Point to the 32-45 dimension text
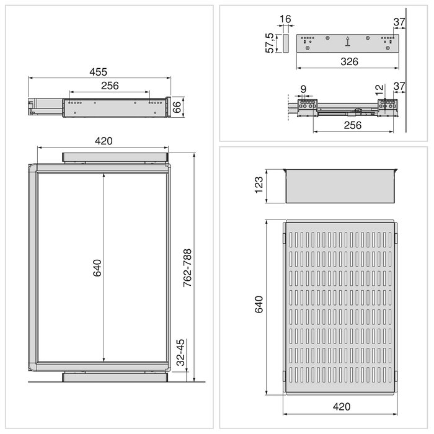(x=180, y=352)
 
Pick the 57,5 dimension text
(x=270, y=43)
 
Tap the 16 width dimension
(x=285, y=20)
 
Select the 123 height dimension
(x=260, y=185)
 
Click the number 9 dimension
(x=303, y=89)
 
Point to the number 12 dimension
(x=379, y=89)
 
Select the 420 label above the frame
(x=104, y=141)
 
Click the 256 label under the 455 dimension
(x=109, y=86)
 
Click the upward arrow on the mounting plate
(x=347, y=42)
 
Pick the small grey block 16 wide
(x=285, y=43)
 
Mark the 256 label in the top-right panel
(x=353, y=125)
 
